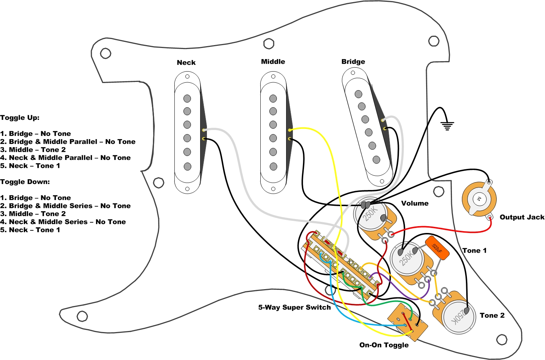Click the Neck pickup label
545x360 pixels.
coord(186,63)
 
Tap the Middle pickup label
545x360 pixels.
coord(273,62)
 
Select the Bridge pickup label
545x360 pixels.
coord(353,62)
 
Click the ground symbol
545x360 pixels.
coord(447,126)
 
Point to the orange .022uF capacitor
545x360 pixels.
coord(437,248)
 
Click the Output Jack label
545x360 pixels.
coord(522,217)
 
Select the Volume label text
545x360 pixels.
coord(415,203)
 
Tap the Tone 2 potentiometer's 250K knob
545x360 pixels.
coord(458,317)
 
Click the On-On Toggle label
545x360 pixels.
coord(384,345)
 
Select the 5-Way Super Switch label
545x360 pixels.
coord(294,307)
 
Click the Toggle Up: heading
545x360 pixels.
coord(20,118)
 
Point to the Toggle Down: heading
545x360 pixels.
coord(25,182)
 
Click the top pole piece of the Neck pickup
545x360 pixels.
coord(187,98)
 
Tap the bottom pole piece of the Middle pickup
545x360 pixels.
coord(273,166)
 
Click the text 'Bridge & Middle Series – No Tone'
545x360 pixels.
coord(69,206)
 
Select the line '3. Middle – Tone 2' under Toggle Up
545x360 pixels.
coord(33,150)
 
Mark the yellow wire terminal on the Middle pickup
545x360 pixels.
coord(290,130)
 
